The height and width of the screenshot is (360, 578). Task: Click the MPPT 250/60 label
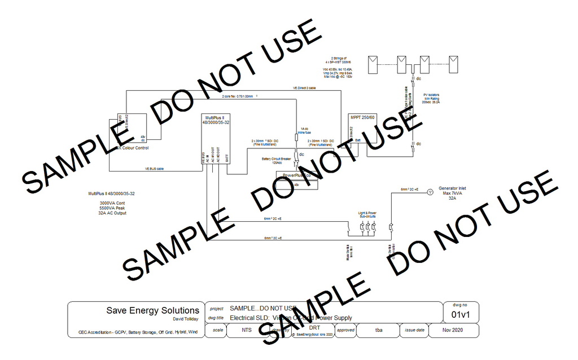(362, 117)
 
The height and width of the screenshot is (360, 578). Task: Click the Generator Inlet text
(452, 188)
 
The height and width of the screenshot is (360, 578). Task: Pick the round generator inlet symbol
(429, 192)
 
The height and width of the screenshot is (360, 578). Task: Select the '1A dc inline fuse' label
(304, 130)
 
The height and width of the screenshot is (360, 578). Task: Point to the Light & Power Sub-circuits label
(367, 214)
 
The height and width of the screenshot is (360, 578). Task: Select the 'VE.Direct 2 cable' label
(304, 89)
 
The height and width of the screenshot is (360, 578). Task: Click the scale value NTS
(247, 330)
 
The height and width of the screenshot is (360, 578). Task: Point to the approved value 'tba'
(378, 330)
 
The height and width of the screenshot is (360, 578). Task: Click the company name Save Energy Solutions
(153, 310)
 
